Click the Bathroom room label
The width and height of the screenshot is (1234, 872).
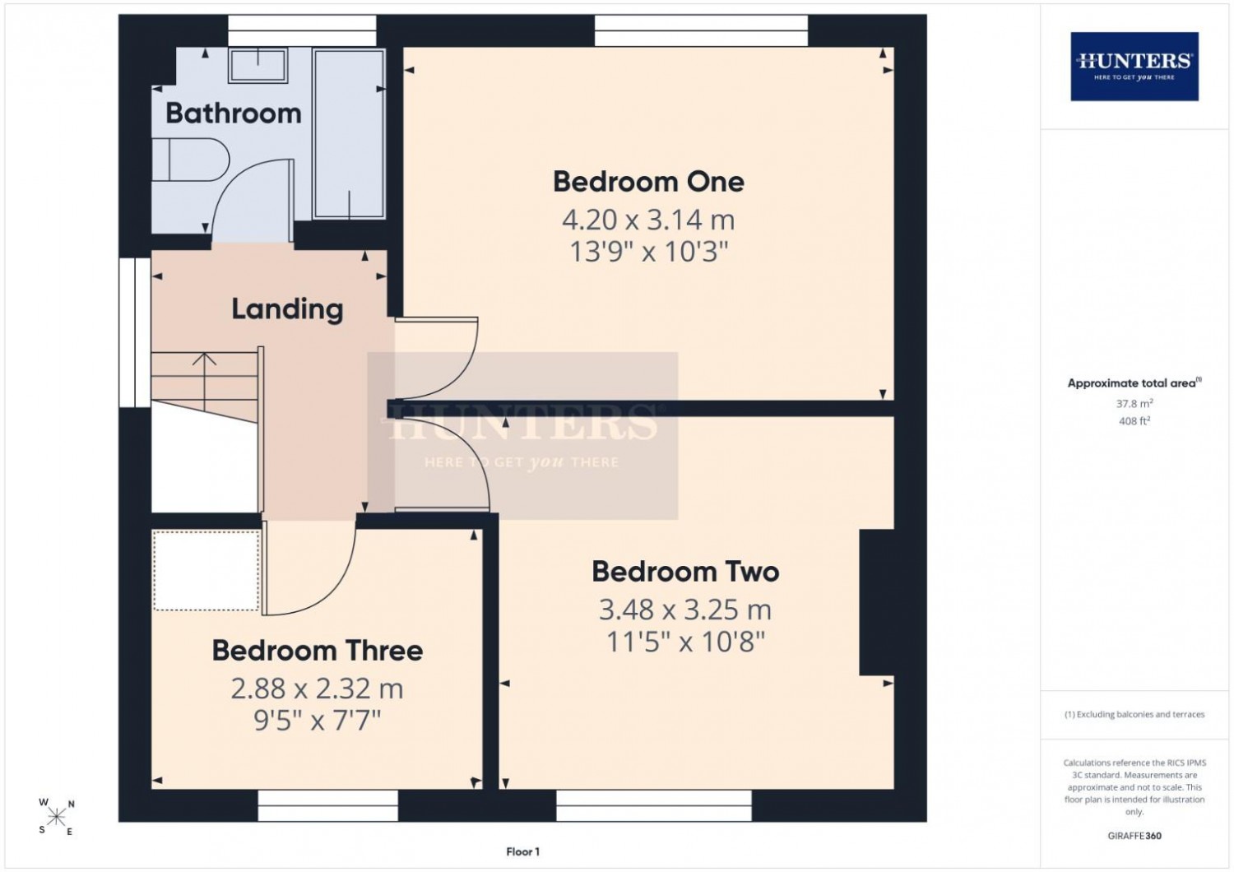(x=234, y=114)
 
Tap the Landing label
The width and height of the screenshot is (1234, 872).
(x=287, y=309)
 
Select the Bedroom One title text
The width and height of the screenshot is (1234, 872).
(x=648, y=182)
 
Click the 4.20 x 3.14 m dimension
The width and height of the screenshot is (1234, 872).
(x=648, y=220)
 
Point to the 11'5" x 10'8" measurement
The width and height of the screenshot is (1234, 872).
(x=686, y=642)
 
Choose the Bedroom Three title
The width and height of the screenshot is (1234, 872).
(x=318, y=651)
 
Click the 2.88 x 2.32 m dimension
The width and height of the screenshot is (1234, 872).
(x=317, y=689)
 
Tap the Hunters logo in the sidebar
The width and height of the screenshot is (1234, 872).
(x=1134, y=66)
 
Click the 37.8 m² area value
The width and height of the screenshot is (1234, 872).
(x=1134, y=403)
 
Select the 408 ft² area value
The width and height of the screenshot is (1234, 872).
(x=1134, y=421)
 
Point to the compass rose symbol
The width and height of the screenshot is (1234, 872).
(x=56, y=816)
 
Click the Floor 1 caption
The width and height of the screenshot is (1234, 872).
(x=522, y=851)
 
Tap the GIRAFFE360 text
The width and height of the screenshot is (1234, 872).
(x=1134, y=836)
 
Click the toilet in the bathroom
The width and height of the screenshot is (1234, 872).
(x=190, y=159)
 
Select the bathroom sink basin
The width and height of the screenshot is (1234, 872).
(x=257, y=65)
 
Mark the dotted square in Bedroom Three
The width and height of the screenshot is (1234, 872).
(x=206, y=571)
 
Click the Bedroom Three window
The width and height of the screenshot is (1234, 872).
(x=327, y=805)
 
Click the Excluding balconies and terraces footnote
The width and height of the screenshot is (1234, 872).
(x=1134, y=714)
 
